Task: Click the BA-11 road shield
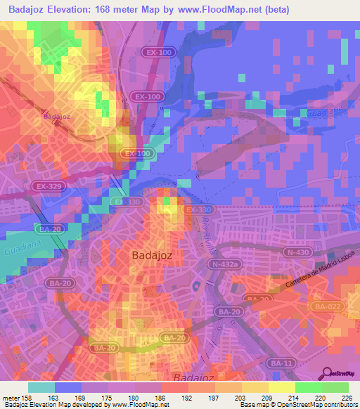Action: pyautogui.click(x=279, y=363)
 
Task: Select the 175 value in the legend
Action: pyautogui.click(x=108, y=398)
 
